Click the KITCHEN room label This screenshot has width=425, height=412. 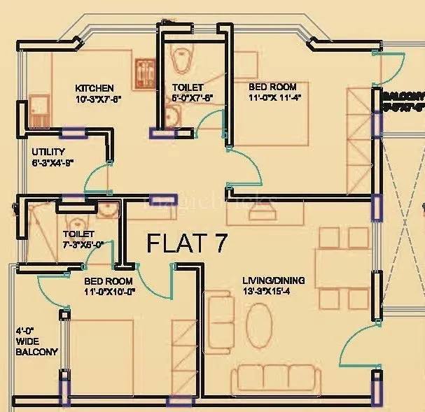94,88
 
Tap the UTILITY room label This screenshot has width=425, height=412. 48,151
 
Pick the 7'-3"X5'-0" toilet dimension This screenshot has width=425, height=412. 83,245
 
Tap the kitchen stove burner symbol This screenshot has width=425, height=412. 148,71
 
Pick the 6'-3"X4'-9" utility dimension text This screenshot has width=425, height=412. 53,162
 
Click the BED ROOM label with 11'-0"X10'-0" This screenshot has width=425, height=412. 108,281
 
